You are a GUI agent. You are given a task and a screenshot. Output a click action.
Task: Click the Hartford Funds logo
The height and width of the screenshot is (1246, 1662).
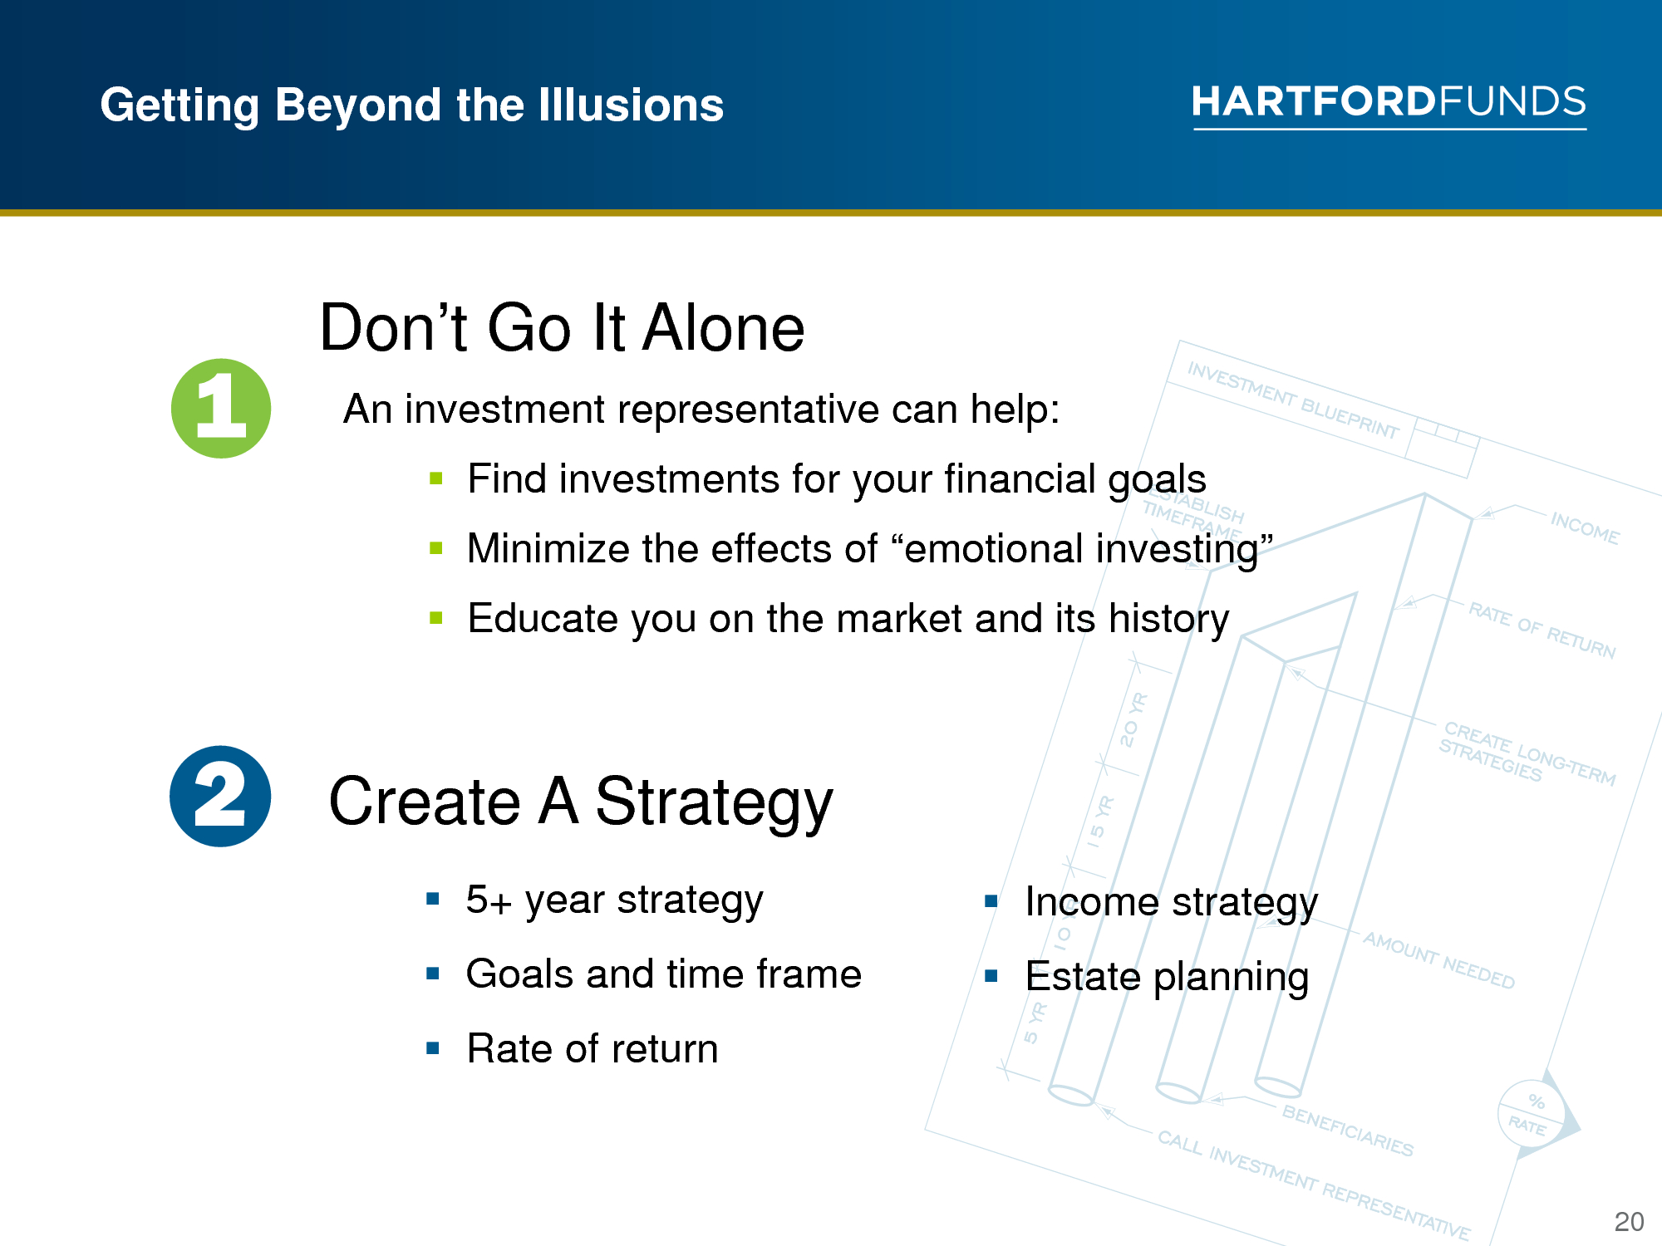[1389, 105]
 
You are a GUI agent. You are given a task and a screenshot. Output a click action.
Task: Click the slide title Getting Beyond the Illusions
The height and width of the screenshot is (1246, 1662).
[412, 105]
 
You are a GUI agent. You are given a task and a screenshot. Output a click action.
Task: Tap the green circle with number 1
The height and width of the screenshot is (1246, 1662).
[221, 408]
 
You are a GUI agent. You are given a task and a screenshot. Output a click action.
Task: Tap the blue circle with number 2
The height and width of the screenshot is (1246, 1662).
[220, 796]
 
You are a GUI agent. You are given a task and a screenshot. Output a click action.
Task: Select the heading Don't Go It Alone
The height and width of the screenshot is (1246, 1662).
[563, 327]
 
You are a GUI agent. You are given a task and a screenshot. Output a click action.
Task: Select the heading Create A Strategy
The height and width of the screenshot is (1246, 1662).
[581, 802]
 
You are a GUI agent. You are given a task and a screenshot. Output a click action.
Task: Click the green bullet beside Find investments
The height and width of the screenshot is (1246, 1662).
[436, 478]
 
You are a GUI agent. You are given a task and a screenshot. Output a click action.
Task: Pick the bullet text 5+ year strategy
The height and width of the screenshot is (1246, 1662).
[614, 900]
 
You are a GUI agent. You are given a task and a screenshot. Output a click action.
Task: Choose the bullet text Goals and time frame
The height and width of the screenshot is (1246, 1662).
[664, 974]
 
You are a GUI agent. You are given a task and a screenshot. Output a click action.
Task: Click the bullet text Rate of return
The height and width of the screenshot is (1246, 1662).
[593, 1048]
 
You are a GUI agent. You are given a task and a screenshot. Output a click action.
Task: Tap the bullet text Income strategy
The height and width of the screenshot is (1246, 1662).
[1172, 903]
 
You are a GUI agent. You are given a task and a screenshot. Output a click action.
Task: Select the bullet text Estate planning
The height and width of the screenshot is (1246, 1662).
[1167, 978]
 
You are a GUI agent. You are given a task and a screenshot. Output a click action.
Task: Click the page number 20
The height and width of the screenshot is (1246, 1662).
[1629, 1221]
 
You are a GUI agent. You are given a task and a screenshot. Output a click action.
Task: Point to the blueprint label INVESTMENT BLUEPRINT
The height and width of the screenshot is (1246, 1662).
[1293, 400]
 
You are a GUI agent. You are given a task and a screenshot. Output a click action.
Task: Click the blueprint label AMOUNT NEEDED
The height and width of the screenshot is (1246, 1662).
[1439, 960]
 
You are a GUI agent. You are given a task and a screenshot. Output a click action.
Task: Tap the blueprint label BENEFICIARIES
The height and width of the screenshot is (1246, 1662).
[1347, 1131]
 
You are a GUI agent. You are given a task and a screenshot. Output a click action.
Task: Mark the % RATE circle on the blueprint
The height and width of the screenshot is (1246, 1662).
[1531, 1113]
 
